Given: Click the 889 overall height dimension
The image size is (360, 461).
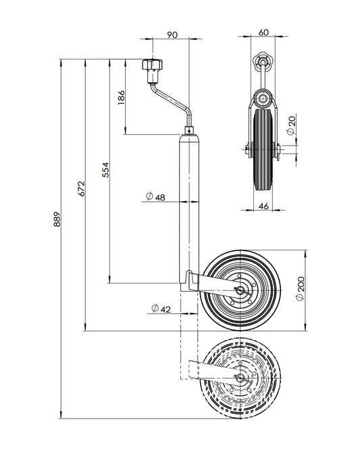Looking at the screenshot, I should click(57, 219).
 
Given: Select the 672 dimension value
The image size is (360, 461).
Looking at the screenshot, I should click(80, 188).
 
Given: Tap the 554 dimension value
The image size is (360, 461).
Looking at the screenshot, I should click(105, 169).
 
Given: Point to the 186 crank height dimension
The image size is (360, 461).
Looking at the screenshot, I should click(122, 98).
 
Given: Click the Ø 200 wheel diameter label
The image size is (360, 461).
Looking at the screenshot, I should click(299, 290).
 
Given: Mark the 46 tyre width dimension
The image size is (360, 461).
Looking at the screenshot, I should click(264, 206).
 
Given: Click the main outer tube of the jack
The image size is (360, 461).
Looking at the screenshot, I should click(189, 202).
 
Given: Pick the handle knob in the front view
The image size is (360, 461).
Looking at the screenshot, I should click(261, 61).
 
